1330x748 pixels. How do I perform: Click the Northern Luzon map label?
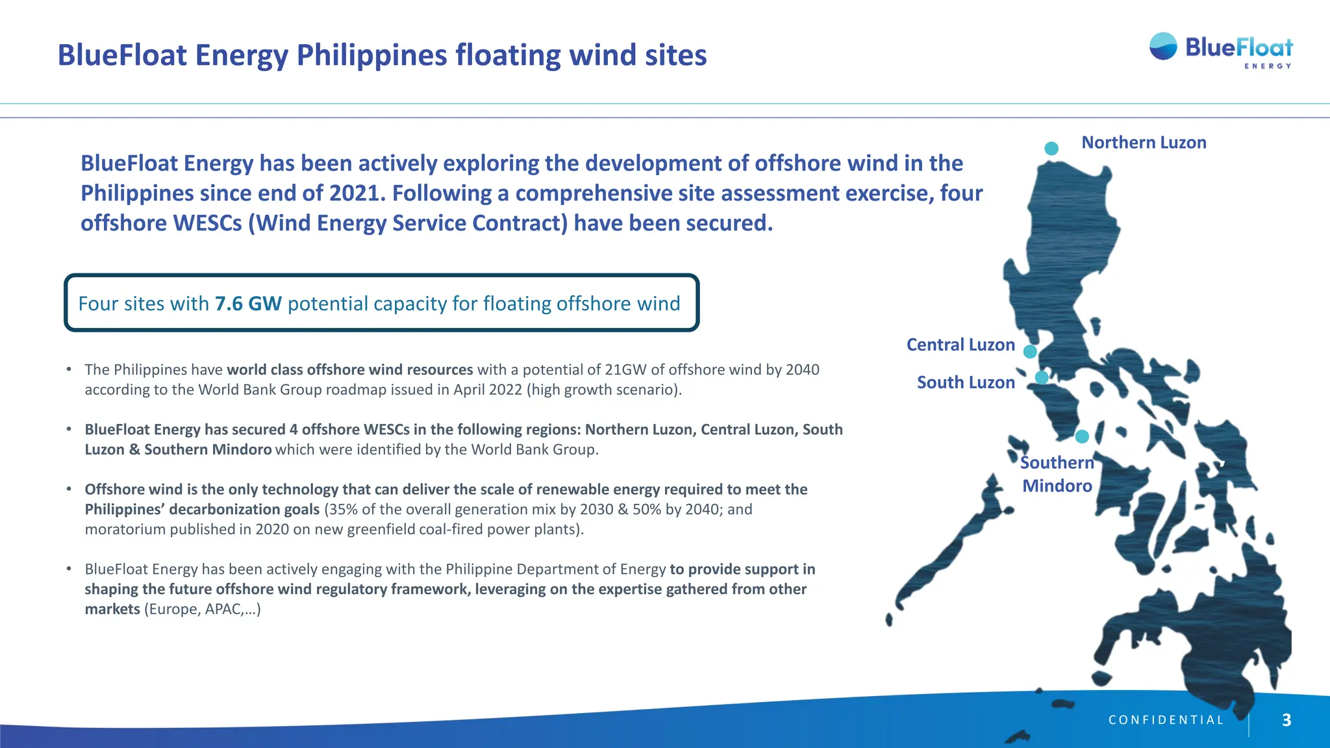[x=1144, y=143]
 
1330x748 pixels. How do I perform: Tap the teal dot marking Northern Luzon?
[x=1051, y=149]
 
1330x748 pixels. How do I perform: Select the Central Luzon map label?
[x=960, y=345]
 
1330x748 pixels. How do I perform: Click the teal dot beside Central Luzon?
[x=1030, y=352]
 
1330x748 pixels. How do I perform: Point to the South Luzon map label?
[x=966, y=382]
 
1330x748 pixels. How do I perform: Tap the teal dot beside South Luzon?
[x=1042, y=377]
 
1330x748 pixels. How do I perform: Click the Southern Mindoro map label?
[x=1057, y=474]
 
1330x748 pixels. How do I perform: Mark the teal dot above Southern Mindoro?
[x=1082, y=436]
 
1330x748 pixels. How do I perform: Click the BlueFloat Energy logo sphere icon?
[x=1163, y=47]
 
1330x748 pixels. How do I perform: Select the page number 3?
[x=1286, y=719]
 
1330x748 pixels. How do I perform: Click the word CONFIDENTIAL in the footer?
[x=1166, y=720]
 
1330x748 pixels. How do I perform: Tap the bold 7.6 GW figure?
[x=248, y=303]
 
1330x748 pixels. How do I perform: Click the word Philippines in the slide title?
[x=371, y=55]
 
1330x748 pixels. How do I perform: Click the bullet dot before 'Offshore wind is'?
[x=69, y=489]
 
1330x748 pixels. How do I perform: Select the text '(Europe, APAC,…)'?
[x=202, y=609]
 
